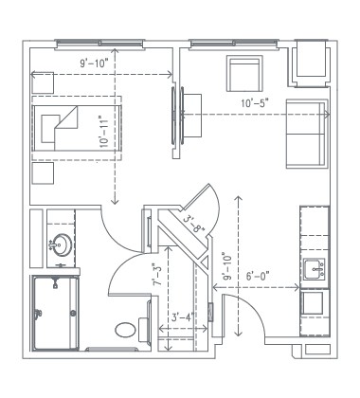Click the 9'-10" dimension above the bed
point(94,63)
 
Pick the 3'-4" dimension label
point(183,317)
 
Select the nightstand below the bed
point(43,173)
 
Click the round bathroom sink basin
point(62,244)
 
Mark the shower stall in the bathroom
point(55,313)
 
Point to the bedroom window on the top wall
point(95,43)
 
